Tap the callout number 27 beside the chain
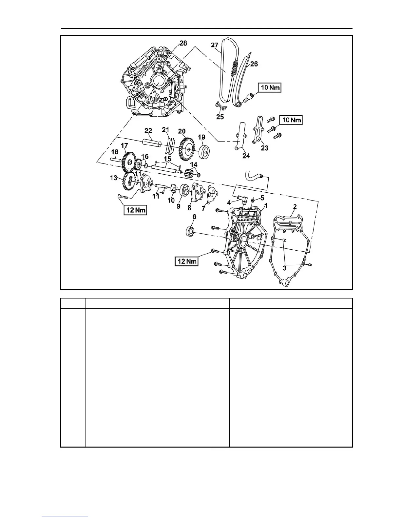215,45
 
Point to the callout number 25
220,117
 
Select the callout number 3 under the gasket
284,268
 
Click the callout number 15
167,159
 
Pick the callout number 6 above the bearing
194,217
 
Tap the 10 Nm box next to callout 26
269,88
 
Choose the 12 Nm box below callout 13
135,210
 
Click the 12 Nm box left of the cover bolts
186,261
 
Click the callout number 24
246,156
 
